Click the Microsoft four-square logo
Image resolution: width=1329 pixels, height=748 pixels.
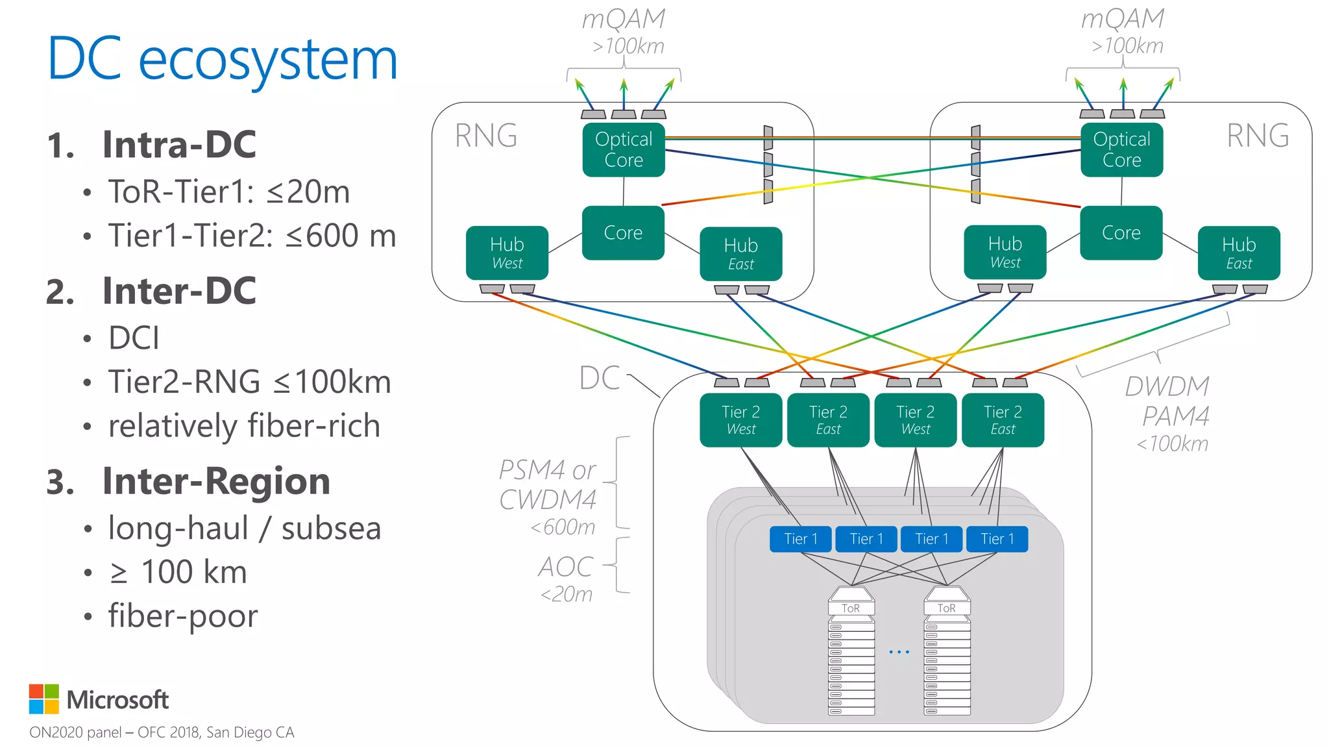[x=44, y=699]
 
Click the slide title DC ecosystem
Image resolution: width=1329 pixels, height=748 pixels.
[x=223, y=60]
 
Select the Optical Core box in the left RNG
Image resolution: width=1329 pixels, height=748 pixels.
[x=624, y=149]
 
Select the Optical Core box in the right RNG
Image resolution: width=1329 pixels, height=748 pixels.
[x=1121, y=149]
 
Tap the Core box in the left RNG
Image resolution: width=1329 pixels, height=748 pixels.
[x=623, y=232]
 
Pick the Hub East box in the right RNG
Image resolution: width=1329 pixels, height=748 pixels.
[x=1239, y=253]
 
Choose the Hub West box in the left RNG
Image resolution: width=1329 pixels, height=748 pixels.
[x=507, y=253]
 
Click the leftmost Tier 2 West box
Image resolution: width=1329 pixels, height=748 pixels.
[x=740, y=419]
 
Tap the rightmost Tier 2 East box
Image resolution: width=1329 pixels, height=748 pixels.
[x=1003, y=419]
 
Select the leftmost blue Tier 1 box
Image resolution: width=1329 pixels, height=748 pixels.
[x=800, y=539]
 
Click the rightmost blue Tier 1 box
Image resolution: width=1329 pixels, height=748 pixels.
[x=997, y=539]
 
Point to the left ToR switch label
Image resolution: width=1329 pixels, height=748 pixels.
[x=851, y=608]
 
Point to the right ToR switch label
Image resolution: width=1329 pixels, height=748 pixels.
[x=947, y=608]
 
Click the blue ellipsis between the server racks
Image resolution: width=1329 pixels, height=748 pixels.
[x=899, y=651]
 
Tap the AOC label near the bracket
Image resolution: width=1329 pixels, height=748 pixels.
[x=565, y=567]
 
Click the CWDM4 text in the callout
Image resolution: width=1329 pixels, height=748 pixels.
[x=547, y=499]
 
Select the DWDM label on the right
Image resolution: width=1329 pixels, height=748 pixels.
[x=1167, y=386]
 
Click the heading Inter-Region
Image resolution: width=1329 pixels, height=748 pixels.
[x=216, y=481]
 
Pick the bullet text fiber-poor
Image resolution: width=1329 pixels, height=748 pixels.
[x=182, y=616]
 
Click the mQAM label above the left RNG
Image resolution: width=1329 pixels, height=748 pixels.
[x=623, y=19]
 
